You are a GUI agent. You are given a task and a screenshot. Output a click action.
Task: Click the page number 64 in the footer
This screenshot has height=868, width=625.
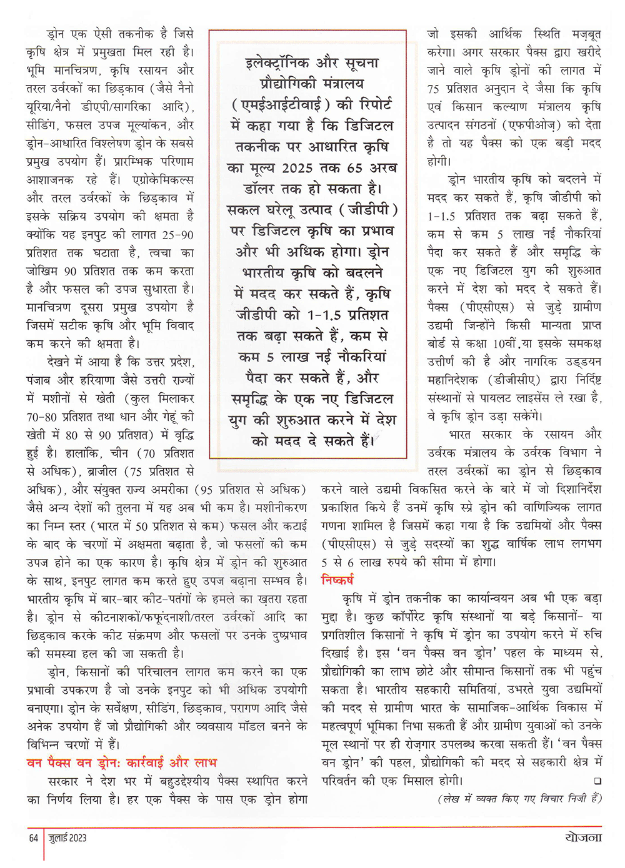click(x=34, y=838)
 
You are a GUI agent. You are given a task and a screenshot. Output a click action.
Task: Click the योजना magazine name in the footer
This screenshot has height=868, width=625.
click(x=581, y=837)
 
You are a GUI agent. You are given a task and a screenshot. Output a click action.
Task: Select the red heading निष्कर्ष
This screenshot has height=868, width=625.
click(x=337, y=579)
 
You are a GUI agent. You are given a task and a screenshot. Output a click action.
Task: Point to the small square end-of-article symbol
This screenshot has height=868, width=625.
click(x=598, y=781)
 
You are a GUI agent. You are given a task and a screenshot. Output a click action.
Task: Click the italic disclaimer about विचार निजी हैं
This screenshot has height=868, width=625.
click(x=519, y=799)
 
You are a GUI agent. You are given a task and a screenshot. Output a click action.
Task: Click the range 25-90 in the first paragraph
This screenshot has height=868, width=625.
click(x=177, y=235)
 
